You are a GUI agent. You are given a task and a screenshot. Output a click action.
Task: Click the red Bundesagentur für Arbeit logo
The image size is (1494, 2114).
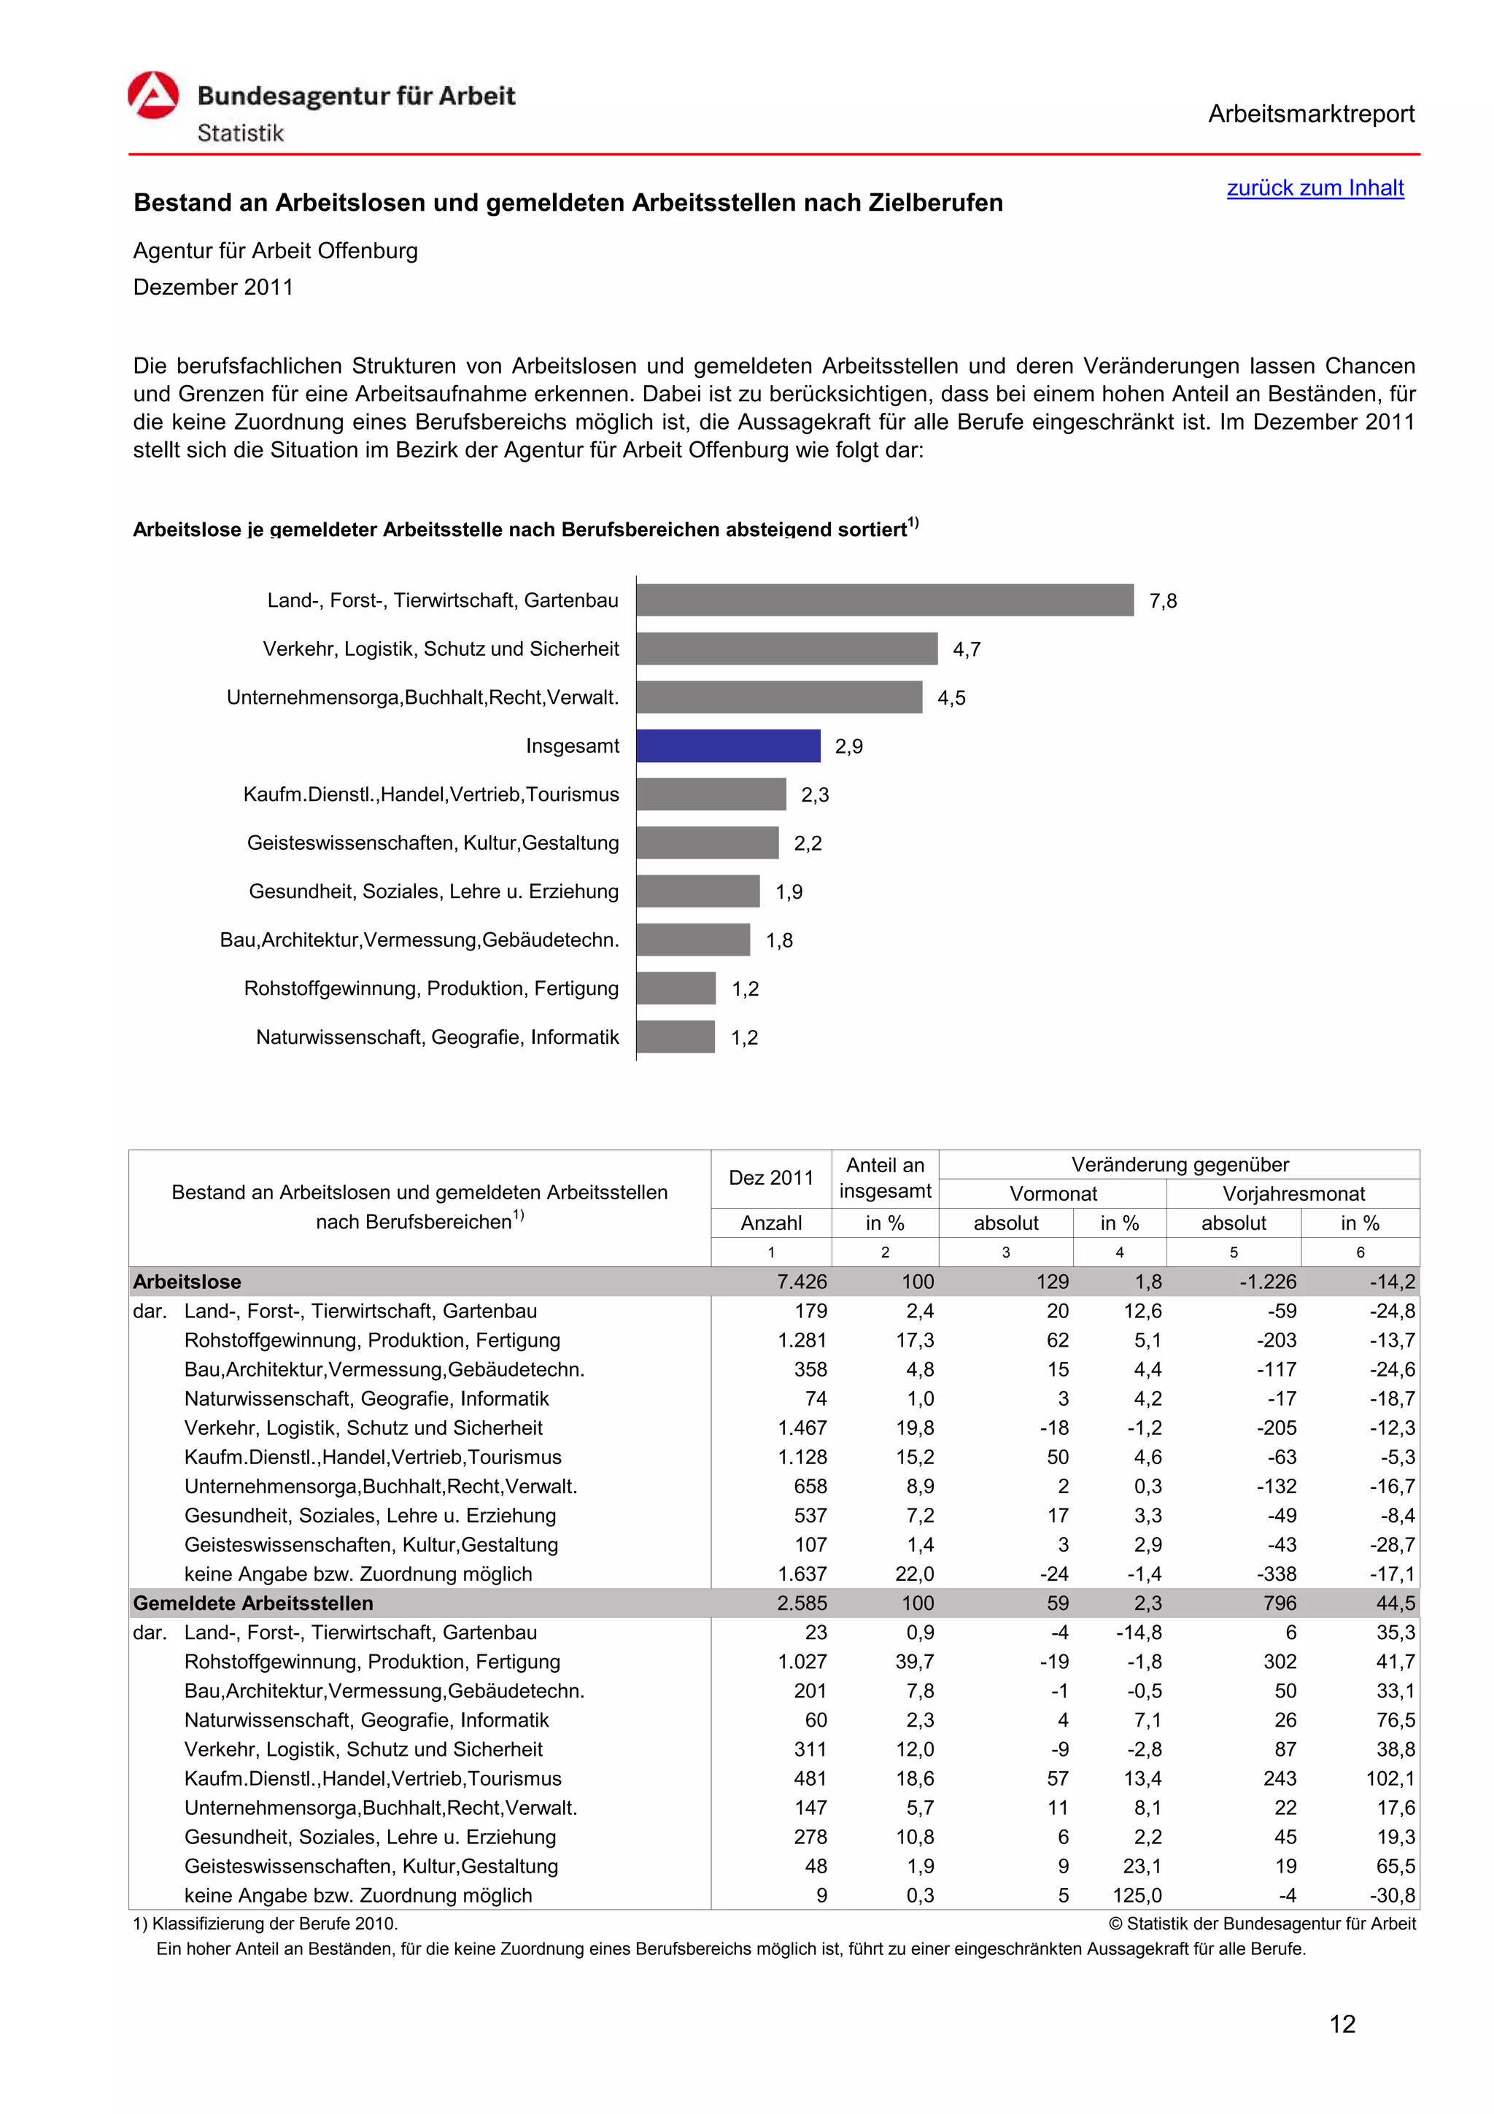(x=152, y=96)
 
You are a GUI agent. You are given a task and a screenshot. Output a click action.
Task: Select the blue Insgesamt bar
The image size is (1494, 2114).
(x=727, y=746)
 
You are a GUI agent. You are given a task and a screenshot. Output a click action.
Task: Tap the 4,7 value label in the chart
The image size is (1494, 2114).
(x=967, y=649)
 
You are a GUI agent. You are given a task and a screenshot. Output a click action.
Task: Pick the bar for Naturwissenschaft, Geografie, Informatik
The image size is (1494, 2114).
(x=675, y=1037)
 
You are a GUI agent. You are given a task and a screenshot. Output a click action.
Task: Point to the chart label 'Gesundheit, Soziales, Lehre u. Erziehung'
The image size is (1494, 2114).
(x=433, y=891)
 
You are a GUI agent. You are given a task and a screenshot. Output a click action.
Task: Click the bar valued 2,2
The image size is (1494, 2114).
(x=707, y=843)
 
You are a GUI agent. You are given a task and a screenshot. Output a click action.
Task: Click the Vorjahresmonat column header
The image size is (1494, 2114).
(x=1293, y=1193)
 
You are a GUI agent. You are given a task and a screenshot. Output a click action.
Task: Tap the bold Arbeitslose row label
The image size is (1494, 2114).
(x=187, y=1282)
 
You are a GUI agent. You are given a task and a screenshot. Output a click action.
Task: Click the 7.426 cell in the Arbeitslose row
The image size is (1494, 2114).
(x=802, y=1282)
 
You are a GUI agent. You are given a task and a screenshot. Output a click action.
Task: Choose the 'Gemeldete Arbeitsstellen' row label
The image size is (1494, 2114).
(x=253, y=1603)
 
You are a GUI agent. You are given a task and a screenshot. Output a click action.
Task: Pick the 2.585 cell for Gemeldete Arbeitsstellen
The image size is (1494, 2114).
(x=802, y=1603)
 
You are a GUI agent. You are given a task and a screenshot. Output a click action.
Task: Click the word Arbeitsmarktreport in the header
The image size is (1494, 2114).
(x=1311, y=115)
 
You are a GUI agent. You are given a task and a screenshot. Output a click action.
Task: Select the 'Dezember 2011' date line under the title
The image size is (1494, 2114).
(x=212, y=287)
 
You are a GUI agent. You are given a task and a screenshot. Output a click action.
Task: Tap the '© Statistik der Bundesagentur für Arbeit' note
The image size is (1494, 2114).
(x=1262, y=1924)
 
